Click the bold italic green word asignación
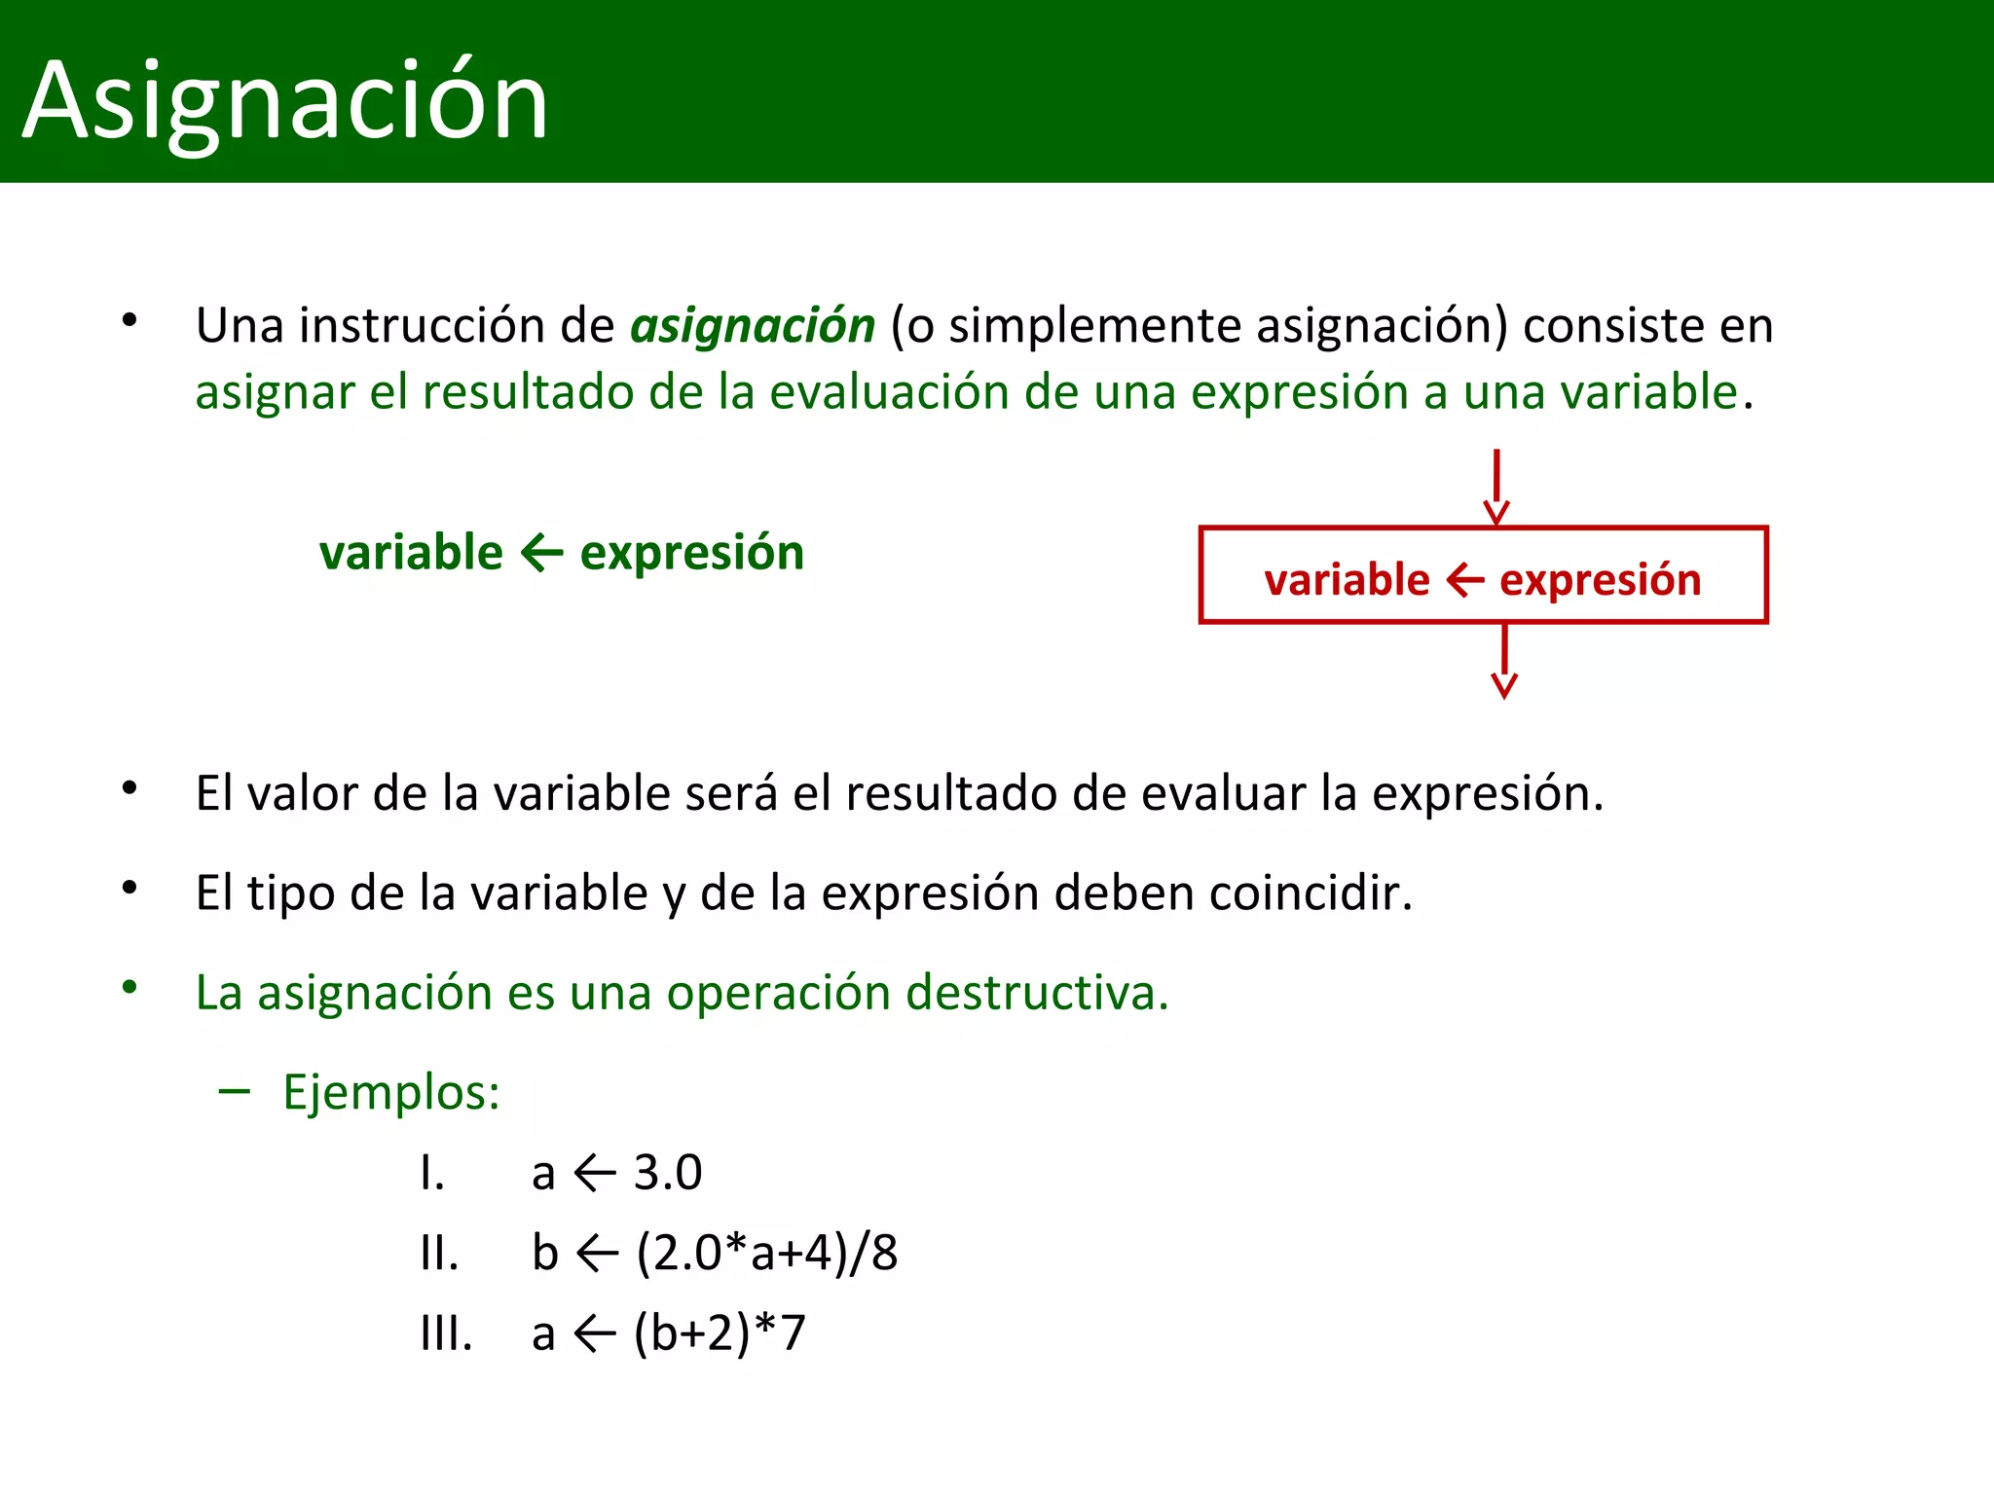coord(753,326)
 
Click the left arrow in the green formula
coord(541,553)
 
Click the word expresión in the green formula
coord(691,553)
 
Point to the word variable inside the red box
coord(1347,580)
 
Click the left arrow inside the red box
coord(1465,580)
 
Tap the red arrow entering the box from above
coord(1496,487)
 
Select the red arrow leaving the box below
coord(1504,661)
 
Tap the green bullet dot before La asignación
coord(129,988)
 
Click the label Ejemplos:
coord(391,1092)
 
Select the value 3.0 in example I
coord(668,1172)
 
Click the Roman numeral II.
coord(438,1253)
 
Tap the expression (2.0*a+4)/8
coord(766,1253)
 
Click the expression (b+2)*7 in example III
coord(720,1332)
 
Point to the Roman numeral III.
coord(446,1332)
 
